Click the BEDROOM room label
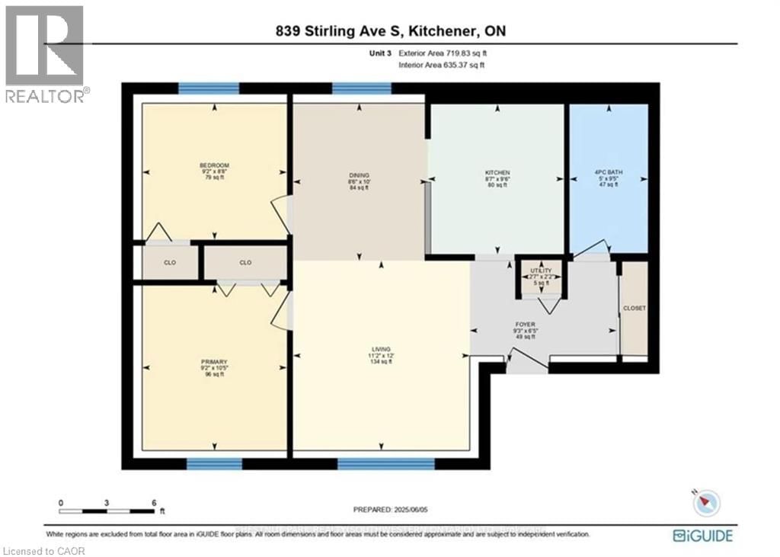click(214, 165)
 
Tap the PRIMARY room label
click(214, 361)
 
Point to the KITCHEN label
click(497, 173)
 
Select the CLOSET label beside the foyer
click(634, 309)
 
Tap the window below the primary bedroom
click(214, 463)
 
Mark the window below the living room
click(385, 463)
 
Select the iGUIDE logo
click(703, 536)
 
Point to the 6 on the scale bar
click(153, 503)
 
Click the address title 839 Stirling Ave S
click(389, 30)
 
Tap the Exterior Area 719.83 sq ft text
click(441, 54)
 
